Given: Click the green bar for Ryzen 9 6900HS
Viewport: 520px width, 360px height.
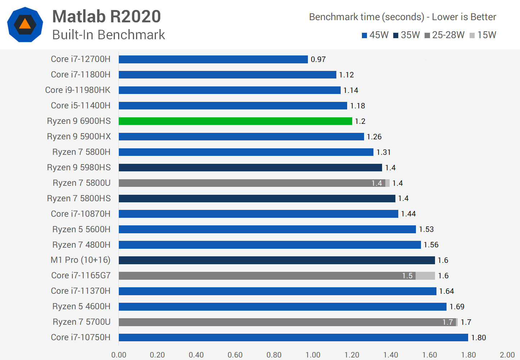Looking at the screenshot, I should click(x=235, y=121).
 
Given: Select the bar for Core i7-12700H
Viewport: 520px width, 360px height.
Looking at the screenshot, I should click(x=213, y=59).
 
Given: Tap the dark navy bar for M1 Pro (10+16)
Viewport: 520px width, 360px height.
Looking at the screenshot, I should click(x=277, y=260).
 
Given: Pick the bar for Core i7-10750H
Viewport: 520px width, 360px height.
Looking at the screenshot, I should click(x=293, y=338).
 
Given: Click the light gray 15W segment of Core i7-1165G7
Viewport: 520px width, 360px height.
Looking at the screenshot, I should click(x=425, y=276).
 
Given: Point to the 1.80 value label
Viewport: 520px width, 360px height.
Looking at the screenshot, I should click(x=479, y=338).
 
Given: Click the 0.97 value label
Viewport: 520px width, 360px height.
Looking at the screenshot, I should click(x=318, y=59).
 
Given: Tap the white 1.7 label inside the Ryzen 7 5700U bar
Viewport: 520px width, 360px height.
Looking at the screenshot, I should click(x=448, y=322).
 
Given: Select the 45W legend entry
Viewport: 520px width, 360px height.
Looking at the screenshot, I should click(x=375, y=35).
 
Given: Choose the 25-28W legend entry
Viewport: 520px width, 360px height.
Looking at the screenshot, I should click(x=444, y=35).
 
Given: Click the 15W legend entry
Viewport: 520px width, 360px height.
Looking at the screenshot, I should click(x=483, y=35).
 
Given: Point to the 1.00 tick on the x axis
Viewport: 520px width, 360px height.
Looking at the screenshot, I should click(x=313, y=355).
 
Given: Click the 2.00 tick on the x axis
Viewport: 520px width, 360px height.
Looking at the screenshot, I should click(x=507, y=355).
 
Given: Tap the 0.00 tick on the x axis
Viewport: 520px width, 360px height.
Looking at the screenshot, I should click(x=119, y=355).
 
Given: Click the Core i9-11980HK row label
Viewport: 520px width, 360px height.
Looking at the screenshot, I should click(x=78, y=90).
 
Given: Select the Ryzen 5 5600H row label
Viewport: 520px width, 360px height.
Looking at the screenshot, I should click(x=81, y=229).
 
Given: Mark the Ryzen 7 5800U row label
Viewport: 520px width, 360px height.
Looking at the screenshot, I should click(x=81, y=183).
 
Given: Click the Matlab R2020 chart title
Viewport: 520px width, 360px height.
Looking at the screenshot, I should click(x=107, y=17).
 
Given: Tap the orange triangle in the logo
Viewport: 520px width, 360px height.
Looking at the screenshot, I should click(x=25, y=24).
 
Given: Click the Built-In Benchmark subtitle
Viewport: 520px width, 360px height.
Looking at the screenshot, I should click(x=108, y=35).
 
